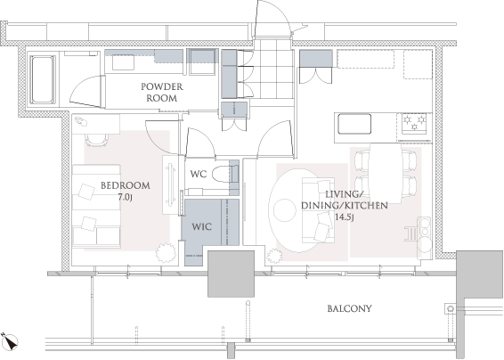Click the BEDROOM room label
tap(126, 185)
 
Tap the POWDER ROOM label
tap(162, 93)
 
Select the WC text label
tap(199, 175)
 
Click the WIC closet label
tap(202, 227)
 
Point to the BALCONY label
tap(349, 309)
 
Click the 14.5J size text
tap(345, 217)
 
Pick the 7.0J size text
tap(126, 197)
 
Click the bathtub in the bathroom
tap(43, 80)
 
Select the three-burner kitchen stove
tap(414, 124)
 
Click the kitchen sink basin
tap(354, 124)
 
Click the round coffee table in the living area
tap(284, 210)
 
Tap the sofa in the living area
tap(318, 210)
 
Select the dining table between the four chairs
tap(386, 173)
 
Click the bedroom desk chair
tap(96, 140)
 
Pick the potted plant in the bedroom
tap(166, 252)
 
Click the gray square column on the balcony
tap(232, 274)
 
